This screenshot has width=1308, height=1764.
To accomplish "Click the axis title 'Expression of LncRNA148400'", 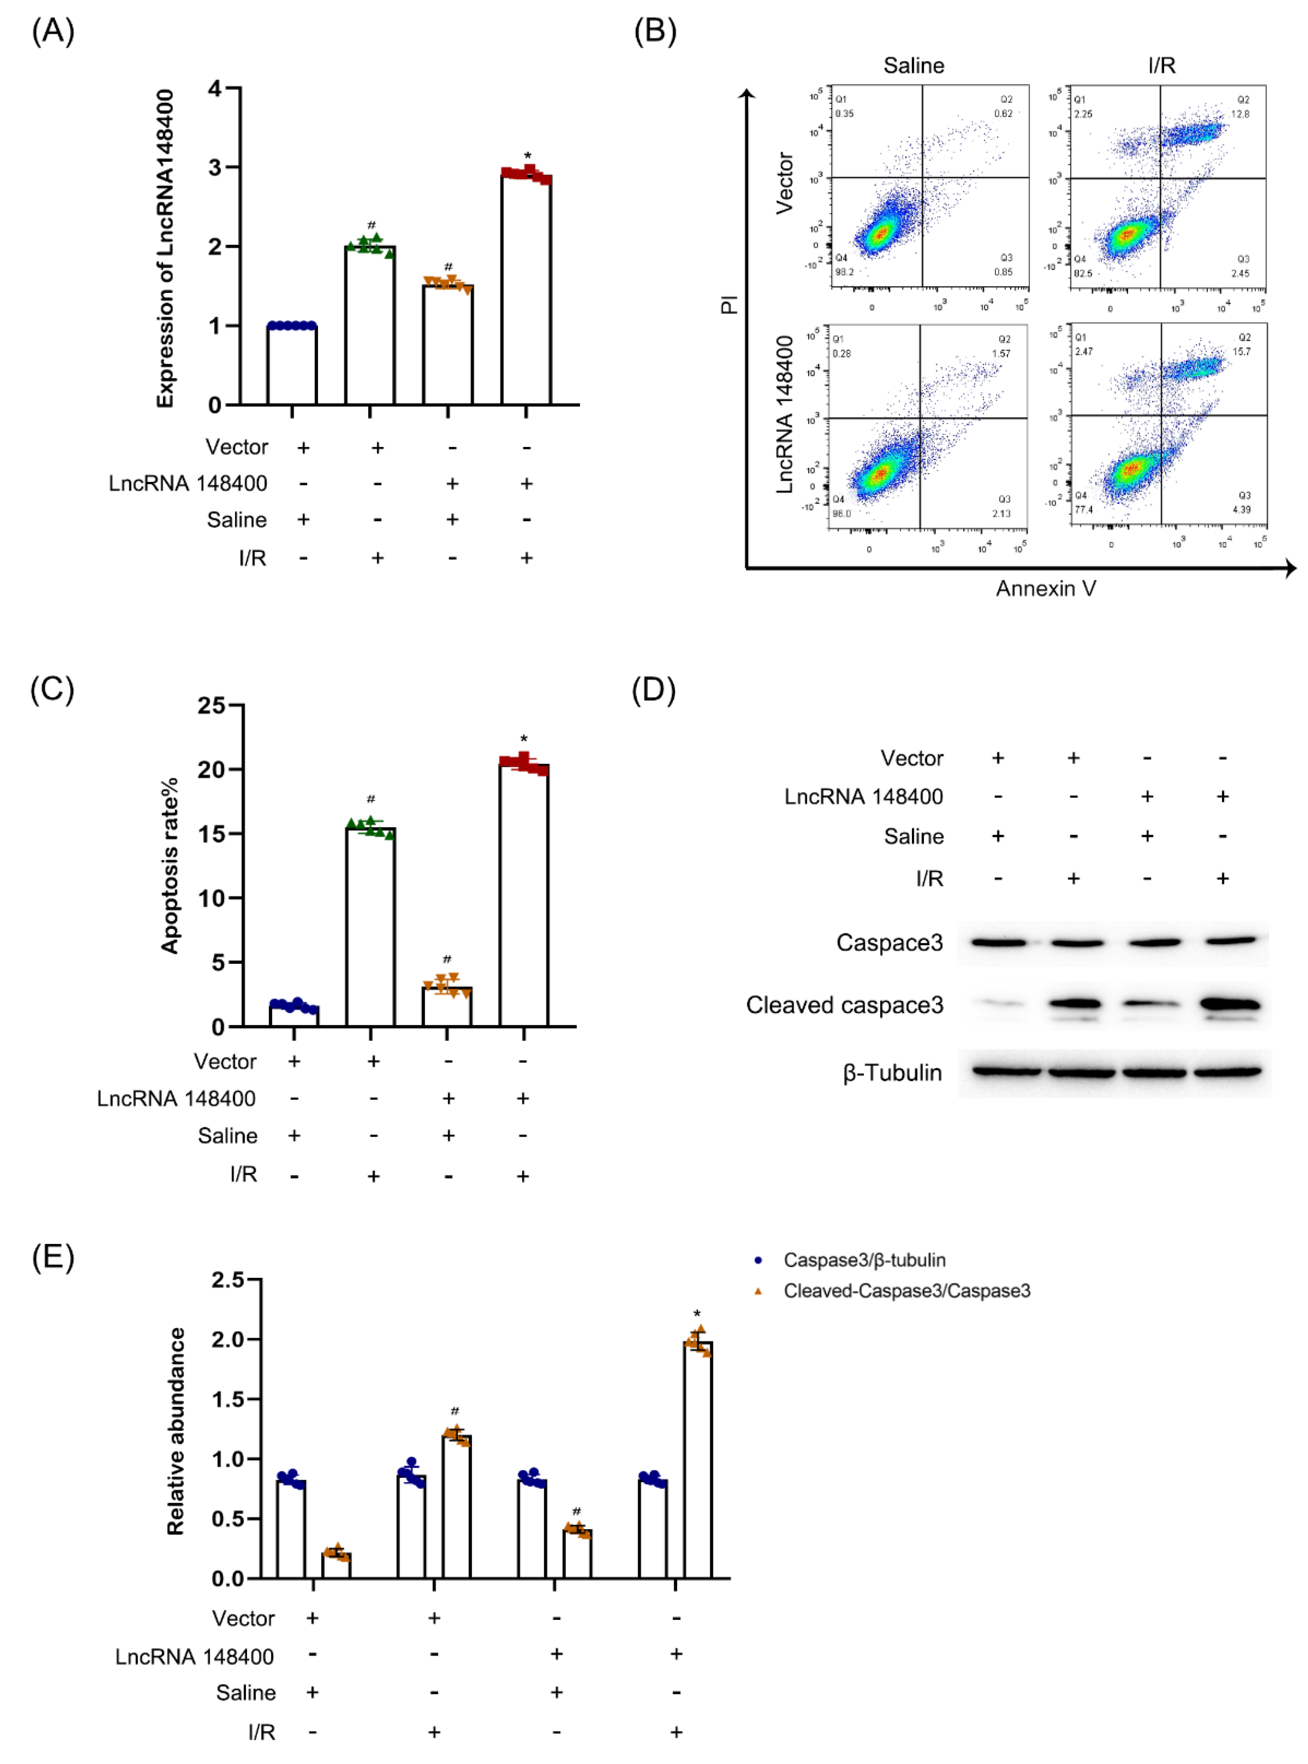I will tap(165, 248).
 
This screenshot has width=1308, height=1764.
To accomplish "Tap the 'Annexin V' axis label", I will tap(1045, 588).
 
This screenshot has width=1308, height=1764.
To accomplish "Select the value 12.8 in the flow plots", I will tap(1240, 114).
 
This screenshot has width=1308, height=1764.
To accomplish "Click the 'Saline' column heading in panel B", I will tap(914, 66).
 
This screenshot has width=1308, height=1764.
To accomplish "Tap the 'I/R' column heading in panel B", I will tap(1161, 66).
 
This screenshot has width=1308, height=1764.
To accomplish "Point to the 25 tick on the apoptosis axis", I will tap(211, 705).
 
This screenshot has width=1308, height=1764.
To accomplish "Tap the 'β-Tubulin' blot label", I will tap(892, 1073).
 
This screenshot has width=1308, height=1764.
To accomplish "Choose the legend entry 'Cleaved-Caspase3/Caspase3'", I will tap(907, 1291).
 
